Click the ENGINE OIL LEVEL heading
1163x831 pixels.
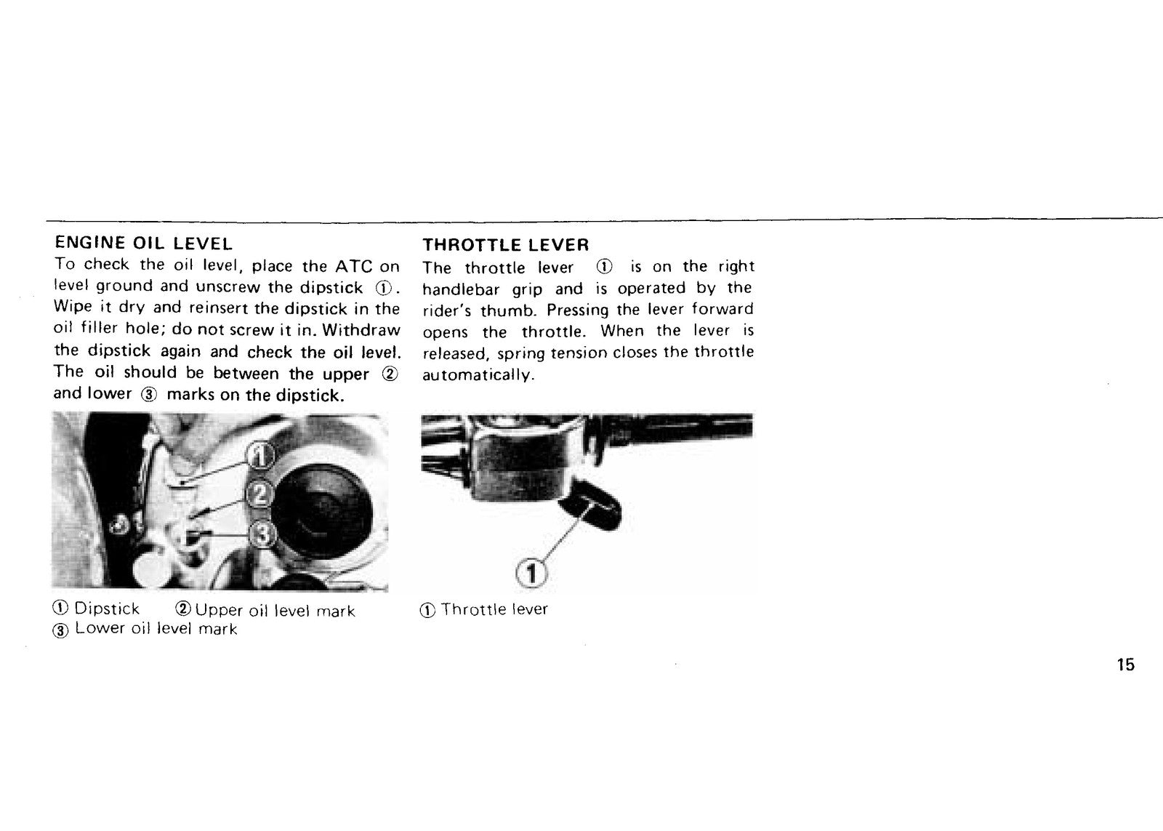143,243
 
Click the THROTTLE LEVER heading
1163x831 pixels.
506,244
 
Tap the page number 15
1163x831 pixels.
1126,665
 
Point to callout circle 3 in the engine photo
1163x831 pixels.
262,534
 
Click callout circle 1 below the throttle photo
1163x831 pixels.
531,574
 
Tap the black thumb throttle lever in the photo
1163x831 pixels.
592,505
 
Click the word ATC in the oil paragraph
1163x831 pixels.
353,266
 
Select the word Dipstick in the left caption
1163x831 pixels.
107,609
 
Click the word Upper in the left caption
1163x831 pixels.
219,610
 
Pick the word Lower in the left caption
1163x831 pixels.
100,628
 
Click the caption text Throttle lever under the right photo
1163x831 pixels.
494,609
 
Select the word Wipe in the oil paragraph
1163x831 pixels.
73,307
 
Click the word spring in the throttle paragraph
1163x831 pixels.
520,354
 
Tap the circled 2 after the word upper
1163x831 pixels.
390,374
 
